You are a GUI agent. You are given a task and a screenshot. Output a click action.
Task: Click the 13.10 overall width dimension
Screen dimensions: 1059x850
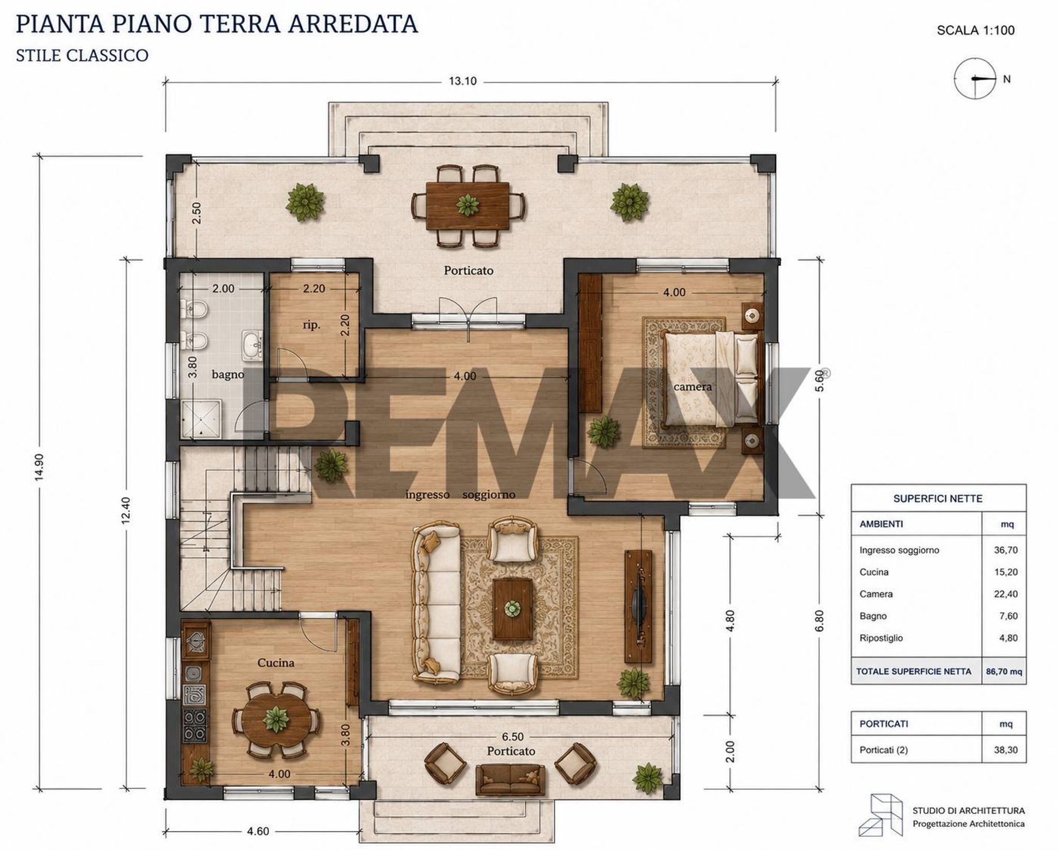pyautogui.click(x=462, y=81)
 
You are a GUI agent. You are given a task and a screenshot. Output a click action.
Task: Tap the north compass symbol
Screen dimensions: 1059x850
pyautogui.click(x=975, y=79)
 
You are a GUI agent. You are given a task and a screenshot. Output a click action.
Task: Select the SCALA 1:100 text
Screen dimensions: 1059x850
pyautogui.click(x=976, y=30)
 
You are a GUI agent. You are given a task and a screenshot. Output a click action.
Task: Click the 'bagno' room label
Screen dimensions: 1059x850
pyautogui.click(x=228, y=374)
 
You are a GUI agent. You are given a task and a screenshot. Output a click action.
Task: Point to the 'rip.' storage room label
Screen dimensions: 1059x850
pyautogui.click(x=311, y=325)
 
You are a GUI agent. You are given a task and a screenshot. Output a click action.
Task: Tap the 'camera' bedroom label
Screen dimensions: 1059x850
pyautogui.click(x=692, y=386)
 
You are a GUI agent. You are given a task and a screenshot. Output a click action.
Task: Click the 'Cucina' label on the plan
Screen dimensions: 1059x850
pyautogui.click(x=276, y=663)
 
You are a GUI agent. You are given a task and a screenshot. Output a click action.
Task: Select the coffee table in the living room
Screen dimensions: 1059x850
pyautogui.click(x=512, y=609)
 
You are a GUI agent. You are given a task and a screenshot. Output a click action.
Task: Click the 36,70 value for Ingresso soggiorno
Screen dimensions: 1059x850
pyautogui.click(x=1006, y=550)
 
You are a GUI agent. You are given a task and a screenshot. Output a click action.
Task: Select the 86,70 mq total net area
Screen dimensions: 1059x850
pyautogui.click(x=1004, y=672)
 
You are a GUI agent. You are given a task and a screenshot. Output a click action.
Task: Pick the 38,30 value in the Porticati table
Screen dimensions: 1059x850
pyautogui.click(x=1006, y=750)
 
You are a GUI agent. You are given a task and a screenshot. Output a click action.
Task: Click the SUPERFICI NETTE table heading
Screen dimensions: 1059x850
pyautogui.click(x=937, y=499)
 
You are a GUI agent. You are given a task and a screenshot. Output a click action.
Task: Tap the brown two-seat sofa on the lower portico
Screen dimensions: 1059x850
pyautogui.click(x=510, y=780)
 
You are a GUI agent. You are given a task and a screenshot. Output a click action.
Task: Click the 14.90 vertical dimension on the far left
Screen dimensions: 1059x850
pyautogui.click(x=39, y=467)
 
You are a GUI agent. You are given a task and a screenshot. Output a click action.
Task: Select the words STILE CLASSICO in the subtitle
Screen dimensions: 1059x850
pyautogui.click(x=82, y=55)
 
